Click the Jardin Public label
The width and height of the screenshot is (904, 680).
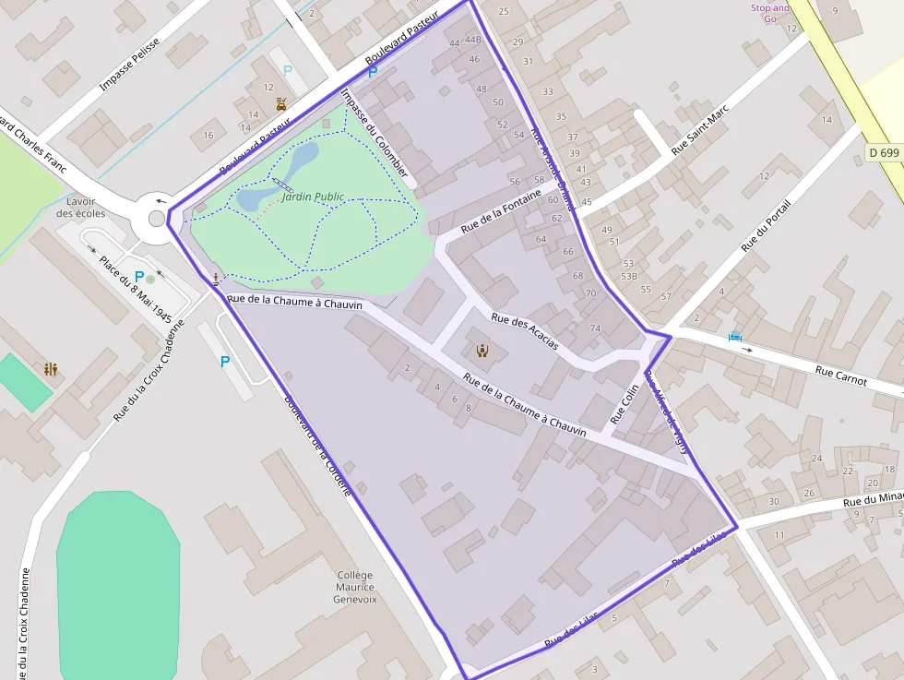(x=313, y=197)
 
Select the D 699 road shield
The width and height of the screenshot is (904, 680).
(x=884, y=152)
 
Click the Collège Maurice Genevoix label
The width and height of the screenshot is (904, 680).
(x=355, y=587)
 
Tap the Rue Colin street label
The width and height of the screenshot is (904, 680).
(x=624, y=403)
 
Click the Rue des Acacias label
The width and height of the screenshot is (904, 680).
(x=525, y=331)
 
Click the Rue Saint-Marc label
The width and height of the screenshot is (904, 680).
(x=700, y=129)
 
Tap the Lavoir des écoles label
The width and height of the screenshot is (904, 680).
(x=81, y=207)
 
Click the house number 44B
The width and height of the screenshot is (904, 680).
(x=473, y=40)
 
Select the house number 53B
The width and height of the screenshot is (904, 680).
(x=629, y=276)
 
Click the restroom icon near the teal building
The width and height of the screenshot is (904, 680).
(x=51, y=369)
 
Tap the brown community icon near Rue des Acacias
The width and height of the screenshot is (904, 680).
(x=482, y=350)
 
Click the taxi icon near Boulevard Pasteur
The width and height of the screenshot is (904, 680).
(x=280, y=104)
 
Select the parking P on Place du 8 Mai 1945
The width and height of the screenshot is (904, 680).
(x=139, y=276)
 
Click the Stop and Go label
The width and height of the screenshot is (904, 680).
(x=770, y=13)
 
